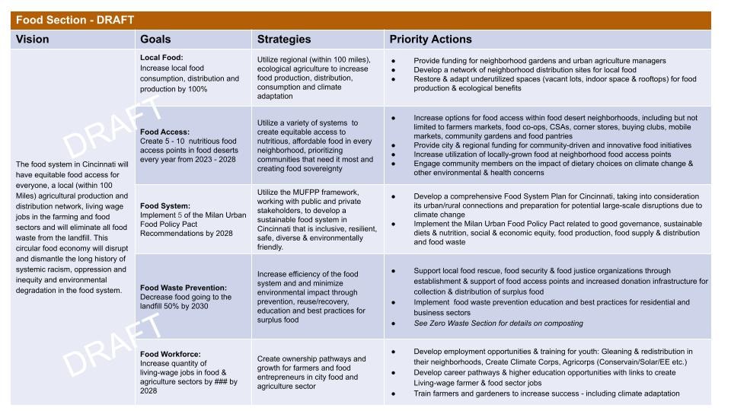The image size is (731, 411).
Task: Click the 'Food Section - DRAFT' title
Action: coord(75,20)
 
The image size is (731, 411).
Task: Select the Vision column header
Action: coord(32,39)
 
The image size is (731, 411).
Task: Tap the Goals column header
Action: coord(155,39)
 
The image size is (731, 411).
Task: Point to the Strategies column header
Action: coord(284,39)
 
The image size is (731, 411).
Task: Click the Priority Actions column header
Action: coord(430,39)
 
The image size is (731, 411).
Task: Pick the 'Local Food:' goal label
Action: coord(161,57)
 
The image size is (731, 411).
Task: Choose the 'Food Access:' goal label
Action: coord(164,132)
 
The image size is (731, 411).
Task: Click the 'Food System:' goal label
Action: coord(165,206)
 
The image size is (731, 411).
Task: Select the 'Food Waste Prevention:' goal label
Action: coord(184,288)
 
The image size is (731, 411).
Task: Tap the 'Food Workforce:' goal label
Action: coord(170,354)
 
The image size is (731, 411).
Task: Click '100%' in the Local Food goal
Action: coord(198,89)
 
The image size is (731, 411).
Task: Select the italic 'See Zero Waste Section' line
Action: coord(498,323)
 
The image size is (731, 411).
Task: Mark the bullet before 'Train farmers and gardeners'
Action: coord(394,393)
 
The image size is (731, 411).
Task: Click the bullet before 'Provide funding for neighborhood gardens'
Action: coord(394,61)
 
